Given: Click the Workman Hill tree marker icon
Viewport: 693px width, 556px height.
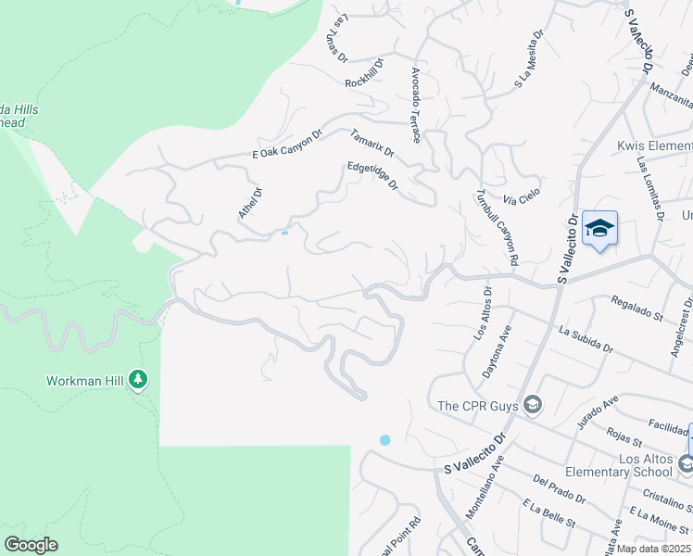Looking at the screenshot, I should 138,378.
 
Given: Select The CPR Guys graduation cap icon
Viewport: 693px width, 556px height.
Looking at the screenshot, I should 533,404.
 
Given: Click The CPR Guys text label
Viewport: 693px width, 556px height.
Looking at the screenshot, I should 477,405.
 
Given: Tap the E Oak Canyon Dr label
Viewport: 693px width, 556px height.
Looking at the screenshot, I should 286,145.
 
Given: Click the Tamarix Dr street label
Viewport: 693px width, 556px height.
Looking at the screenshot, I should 372,143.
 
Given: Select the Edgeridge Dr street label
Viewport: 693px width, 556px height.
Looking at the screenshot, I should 372,177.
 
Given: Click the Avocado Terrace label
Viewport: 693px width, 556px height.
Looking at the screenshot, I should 416,104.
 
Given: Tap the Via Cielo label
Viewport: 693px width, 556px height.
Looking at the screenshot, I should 522,197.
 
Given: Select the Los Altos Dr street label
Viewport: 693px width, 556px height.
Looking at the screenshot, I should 483,313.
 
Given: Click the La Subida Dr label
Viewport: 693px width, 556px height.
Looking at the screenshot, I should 585,340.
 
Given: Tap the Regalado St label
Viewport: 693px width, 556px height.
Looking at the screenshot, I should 636,309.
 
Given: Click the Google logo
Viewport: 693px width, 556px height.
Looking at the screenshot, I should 31,545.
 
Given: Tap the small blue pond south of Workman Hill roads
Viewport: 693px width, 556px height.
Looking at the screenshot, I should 384,439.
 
